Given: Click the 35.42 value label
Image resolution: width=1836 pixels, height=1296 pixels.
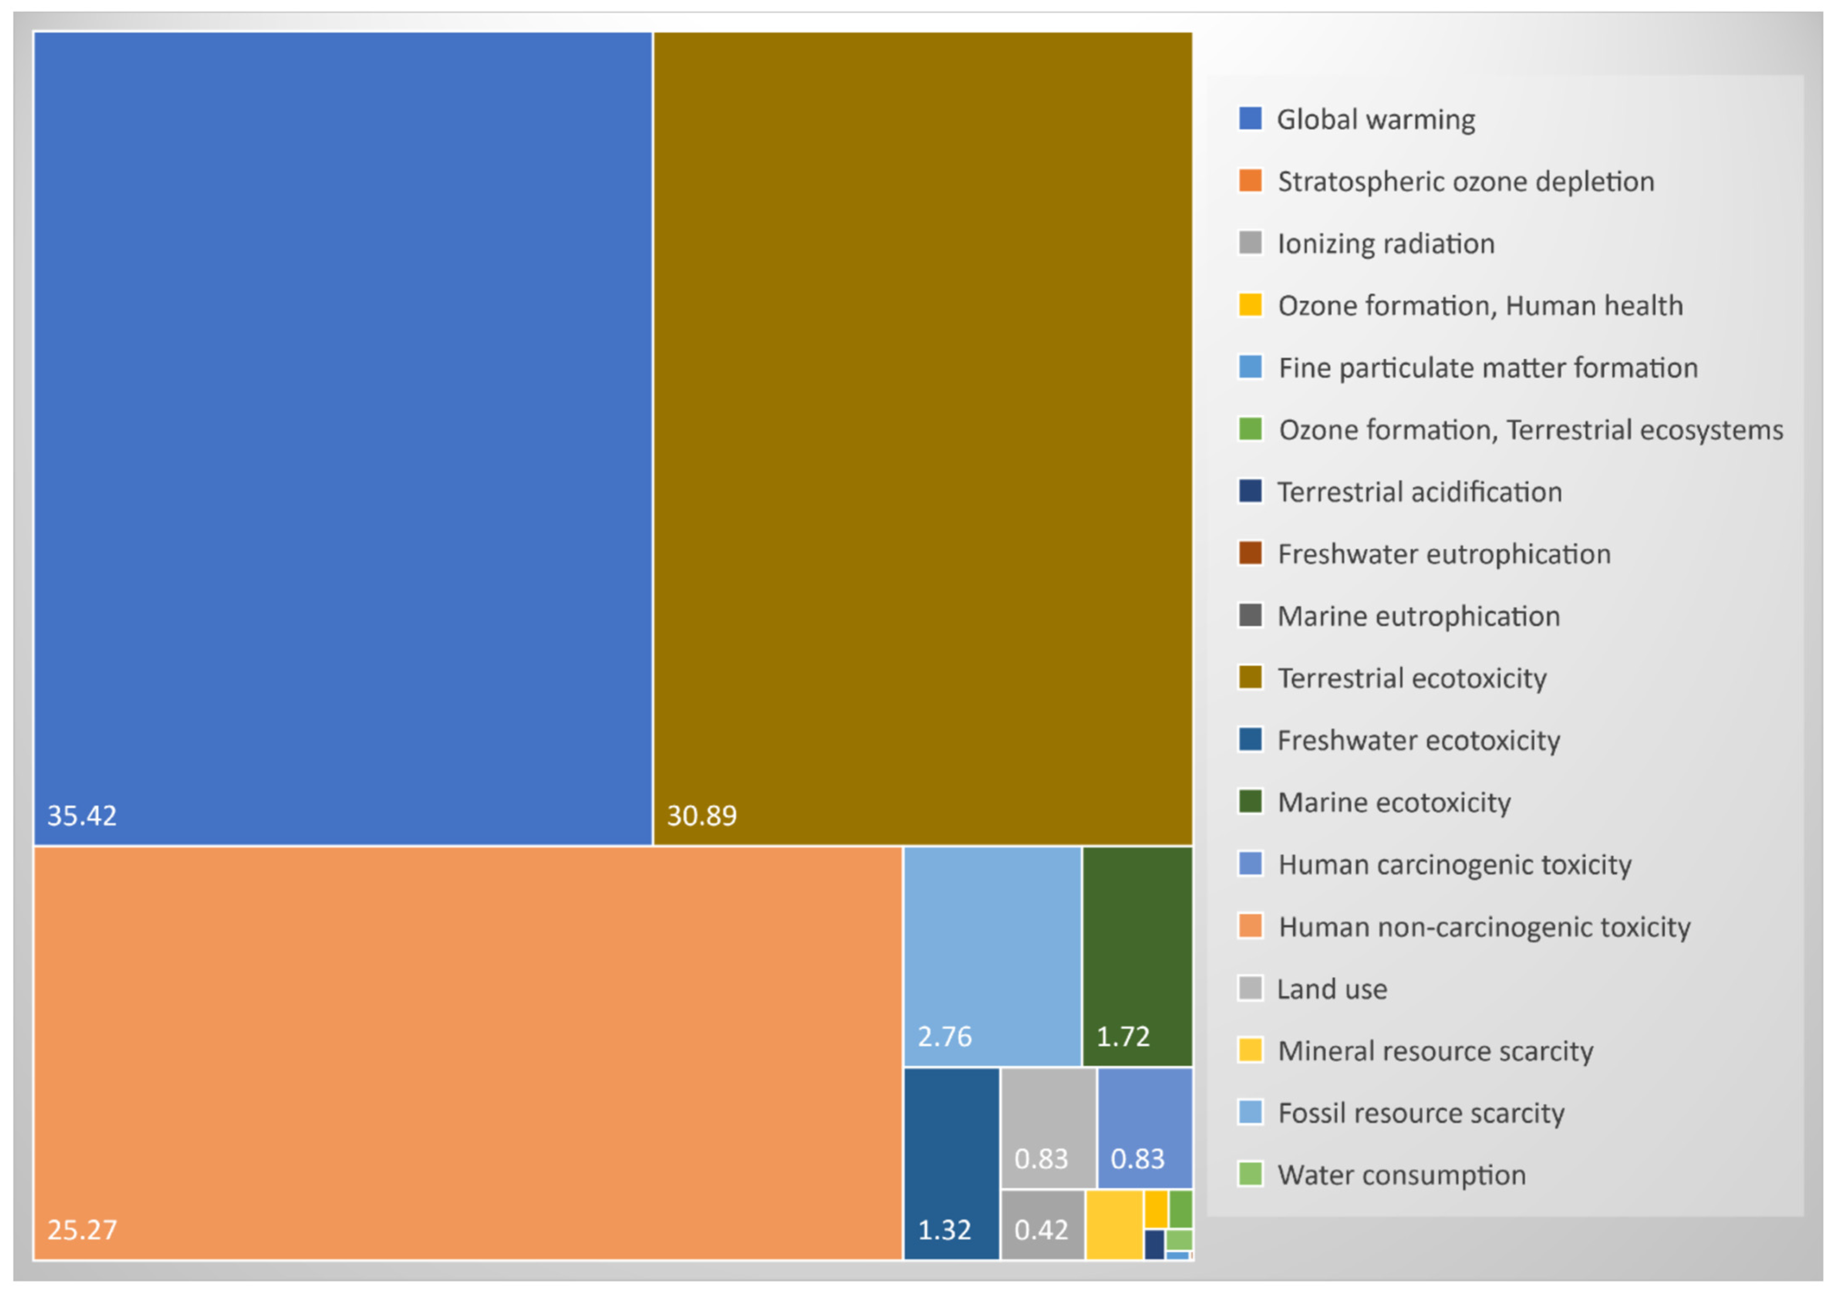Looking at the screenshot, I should (x=82, y=815).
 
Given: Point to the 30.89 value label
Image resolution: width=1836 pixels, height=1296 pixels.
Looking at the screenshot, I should (x=701, y=815).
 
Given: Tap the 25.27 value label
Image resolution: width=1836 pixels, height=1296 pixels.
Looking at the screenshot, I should (x=82, y=1229).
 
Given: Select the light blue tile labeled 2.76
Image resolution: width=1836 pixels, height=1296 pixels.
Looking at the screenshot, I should (x=991, y=955).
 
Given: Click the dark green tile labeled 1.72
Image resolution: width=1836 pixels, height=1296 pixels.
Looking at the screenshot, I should (x=1136, y=955).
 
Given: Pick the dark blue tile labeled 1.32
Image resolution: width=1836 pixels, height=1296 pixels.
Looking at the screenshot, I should (x=951, y=1163).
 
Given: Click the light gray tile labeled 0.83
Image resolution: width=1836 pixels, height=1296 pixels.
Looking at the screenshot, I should (x=1047, y=1127).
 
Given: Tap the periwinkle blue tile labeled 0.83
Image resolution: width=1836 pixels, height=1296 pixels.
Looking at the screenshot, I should (x=1144, y=1127).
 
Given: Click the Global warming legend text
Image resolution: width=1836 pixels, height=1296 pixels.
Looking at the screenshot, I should (x=1375, y=119).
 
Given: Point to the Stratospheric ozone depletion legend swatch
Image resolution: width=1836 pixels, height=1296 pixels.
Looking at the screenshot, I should (x=1250, y=180).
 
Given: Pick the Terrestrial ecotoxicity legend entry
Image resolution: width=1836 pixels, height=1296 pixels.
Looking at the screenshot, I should (x=1411, y=678).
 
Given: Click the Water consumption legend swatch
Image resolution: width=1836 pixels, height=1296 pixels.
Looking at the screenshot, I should (x=1250, y=1174).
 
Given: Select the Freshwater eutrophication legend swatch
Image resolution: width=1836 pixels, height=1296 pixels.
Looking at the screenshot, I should (x=1250, y=553).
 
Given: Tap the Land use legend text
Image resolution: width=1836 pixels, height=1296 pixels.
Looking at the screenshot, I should (x=1332, y=989).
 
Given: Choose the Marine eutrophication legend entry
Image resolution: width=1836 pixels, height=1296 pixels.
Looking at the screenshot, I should (x=1418, y=616).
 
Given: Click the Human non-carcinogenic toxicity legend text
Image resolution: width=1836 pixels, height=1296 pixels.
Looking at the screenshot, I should (x=1484, y=927).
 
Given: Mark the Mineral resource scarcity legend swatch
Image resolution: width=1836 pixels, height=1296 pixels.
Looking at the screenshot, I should (x=1250, y=1050).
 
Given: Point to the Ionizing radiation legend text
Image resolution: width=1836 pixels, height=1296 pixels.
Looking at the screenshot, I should (x=1386, y=243).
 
